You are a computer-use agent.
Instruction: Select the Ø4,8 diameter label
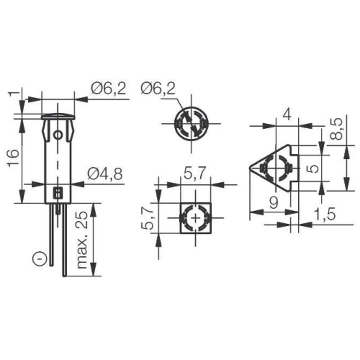pyautogui.click(x=105, y=175)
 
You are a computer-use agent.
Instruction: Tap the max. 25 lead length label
pyautogui.click(x=82, y=240)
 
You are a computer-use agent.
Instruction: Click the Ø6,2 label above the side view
pyautogui.click(x=109, y=88)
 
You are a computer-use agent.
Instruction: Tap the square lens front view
pyautogui.click(x=195, y=218)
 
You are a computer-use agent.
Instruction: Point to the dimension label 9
pyautogui.click(x=274, y=204)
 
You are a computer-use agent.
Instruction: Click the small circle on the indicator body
pyautogui.click(x=58, y=136)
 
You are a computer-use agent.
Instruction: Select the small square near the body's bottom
pyautogui.click(x=58, y=193)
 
